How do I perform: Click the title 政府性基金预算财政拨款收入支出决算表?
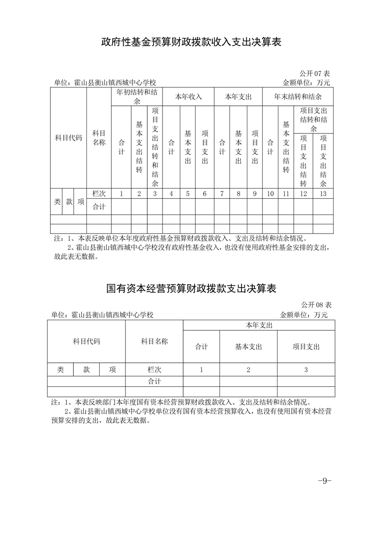pos(190,43)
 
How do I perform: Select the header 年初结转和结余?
pos(137,96)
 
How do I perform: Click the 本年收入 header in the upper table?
pos(188,96)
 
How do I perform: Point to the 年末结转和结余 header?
pos(298,96)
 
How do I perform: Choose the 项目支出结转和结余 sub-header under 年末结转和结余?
pos(313,120)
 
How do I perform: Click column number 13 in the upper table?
pos(323,194)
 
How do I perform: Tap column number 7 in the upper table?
pos(222,194)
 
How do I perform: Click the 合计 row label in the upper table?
pos(99,207)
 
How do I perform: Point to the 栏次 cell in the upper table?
pos(99,194)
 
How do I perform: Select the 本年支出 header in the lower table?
pos(259,325)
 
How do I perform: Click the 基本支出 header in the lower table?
pos(248,347)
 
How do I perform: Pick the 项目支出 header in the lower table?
pos(306,347)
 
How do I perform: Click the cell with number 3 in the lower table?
pos(306,369)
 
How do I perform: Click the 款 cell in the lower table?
pos(86,369)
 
